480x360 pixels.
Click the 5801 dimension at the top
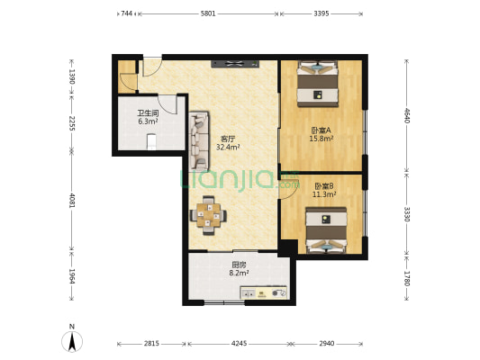coord(208,13)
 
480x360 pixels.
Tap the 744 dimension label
coord(126,13)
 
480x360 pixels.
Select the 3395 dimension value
coord(322,13)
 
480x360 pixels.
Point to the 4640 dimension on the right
coord(407,115)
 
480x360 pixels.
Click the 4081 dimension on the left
coord(72,201)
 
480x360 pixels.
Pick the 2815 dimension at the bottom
coord(151,344)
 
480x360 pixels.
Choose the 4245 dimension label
coord(239,344)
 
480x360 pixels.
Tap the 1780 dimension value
coord(407,278)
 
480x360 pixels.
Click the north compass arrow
coord(72,342)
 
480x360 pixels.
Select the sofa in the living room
coord(199,141)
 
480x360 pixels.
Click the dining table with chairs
coord(208,215)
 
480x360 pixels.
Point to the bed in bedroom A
coord(318,84)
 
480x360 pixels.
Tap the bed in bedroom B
coord(326,230)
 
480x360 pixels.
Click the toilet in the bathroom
coord(151,142)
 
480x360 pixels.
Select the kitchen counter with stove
coord(264,292)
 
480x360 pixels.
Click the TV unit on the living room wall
coord(235,64)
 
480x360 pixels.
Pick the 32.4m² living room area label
coord(228,147)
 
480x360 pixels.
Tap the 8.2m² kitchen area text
coord(239,273)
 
